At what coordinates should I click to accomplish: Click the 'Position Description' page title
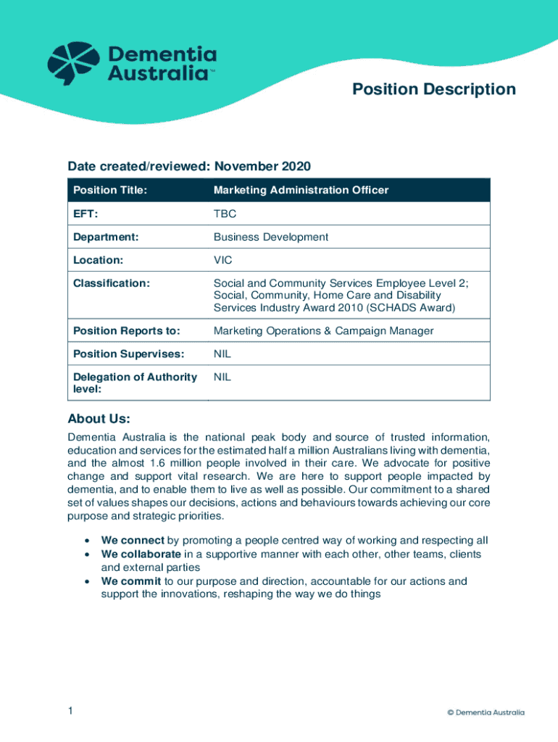433,89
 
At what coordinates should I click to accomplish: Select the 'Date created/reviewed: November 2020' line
189,167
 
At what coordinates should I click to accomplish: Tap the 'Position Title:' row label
110,191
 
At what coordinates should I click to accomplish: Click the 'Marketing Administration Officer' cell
301,191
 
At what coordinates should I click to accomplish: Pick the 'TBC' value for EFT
225,214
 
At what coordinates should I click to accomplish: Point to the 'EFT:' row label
86,214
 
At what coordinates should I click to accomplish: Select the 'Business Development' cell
270,237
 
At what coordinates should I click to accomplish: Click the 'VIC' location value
222,259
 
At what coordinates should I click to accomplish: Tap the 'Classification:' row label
112,283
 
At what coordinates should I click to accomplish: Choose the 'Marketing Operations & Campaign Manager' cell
323,331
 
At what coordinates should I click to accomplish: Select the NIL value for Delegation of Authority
222,378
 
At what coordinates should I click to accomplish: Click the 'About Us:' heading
99,419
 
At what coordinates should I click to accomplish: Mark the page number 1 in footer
70,712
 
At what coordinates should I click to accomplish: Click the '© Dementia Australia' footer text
486,712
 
